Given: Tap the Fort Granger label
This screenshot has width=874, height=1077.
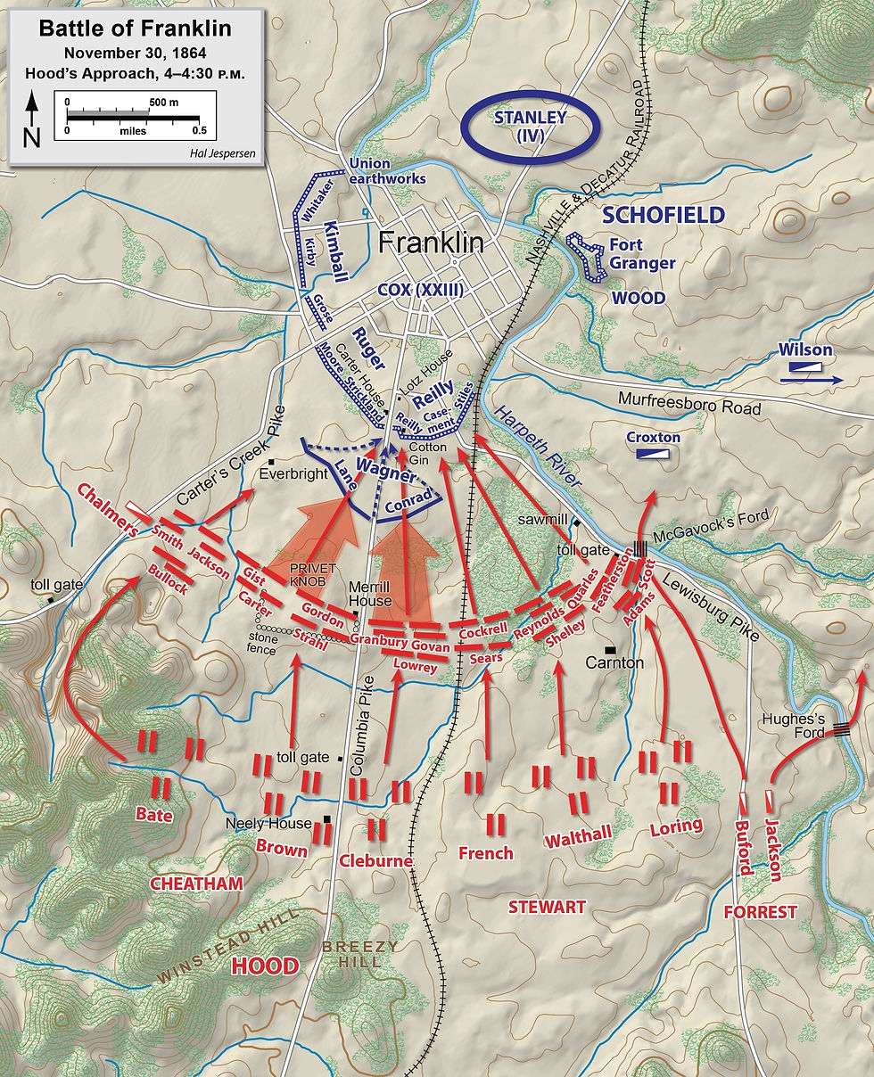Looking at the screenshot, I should [x=642, y=254].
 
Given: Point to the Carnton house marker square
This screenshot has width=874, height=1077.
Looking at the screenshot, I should [x=610, y=649].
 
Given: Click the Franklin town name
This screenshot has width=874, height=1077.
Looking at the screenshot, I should [x=431, y=243].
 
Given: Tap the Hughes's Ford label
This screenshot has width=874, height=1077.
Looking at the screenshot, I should [x=796, y=720].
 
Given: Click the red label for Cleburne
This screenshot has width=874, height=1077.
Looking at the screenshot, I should [x=375, y=861].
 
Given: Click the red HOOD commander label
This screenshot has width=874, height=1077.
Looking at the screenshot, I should [x=264, y=966].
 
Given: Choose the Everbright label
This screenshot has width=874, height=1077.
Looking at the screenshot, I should [x=293, y=474].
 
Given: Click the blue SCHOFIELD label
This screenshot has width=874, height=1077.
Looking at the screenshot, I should [x=663, y=215].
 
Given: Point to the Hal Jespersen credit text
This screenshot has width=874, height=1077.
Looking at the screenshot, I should [x=222, y=152].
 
